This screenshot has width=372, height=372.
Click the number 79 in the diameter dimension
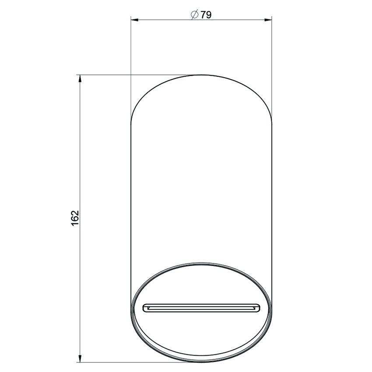click(206, 14)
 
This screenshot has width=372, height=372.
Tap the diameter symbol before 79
click(195, 14)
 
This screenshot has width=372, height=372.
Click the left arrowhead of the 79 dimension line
click(134, 20)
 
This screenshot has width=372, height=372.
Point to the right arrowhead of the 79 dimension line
click(268, 20)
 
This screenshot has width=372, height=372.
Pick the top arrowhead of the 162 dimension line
click(79, 78)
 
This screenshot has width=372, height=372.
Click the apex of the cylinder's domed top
click(201, 75)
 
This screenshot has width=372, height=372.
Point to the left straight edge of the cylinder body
click(132, 197)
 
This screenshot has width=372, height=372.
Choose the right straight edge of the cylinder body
click(271, 197)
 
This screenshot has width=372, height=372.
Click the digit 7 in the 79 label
click(203, 14)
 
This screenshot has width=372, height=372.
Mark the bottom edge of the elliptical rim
click(201, 361)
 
